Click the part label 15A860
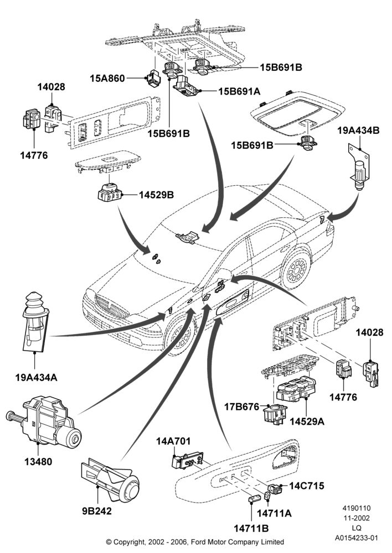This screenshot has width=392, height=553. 107,79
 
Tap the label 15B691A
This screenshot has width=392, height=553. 239,91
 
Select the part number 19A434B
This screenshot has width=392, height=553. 358,131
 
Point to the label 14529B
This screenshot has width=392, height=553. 156,195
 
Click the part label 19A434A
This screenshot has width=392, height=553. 37,377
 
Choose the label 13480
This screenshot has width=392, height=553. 38,461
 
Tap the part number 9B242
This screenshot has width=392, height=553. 97,510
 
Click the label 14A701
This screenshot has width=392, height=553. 173,441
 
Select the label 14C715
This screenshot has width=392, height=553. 307,486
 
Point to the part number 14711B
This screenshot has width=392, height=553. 251,528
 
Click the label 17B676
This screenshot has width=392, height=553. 242,406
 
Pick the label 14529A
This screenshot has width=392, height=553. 307,421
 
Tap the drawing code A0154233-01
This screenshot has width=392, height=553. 357,538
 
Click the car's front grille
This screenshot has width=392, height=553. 111,306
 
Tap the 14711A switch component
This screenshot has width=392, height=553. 267,497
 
